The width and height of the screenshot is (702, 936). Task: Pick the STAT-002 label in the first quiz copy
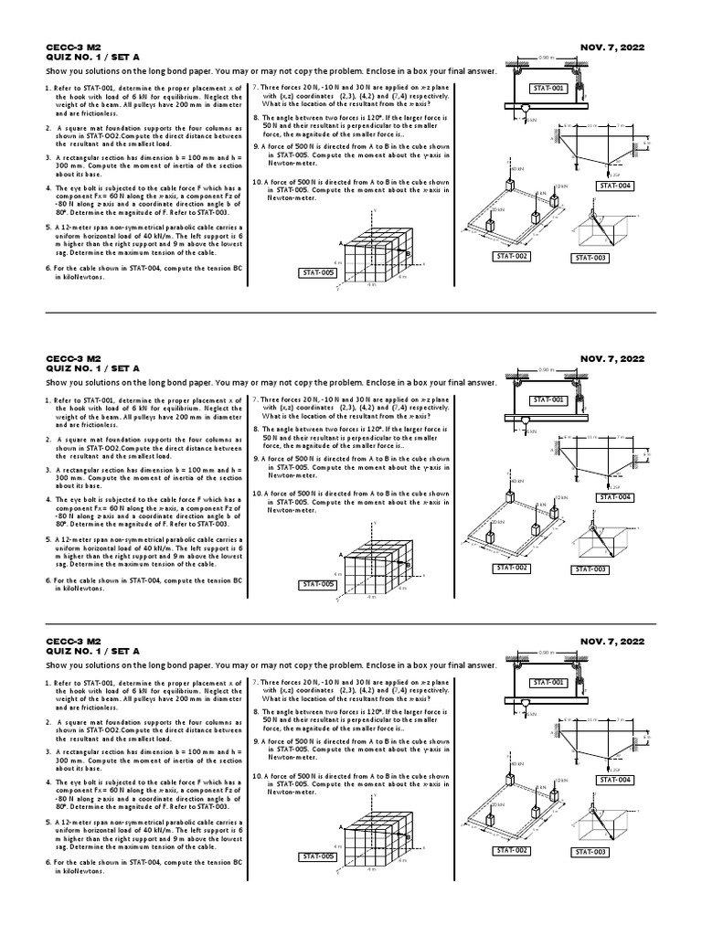tap(512, 256)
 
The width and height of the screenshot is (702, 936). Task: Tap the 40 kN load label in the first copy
tap(517, 169)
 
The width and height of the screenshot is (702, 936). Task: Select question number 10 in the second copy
tap(257, 493)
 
